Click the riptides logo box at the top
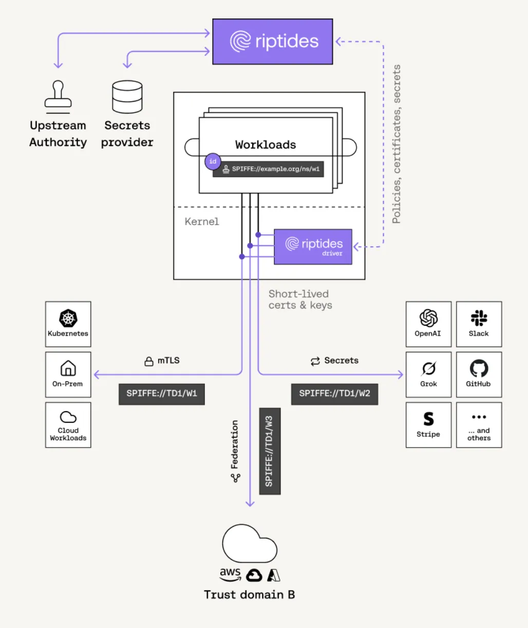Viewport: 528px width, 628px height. pyautogui.click(x=273, y=42)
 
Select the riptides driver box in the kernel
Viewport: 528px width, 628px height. pyautogui.click(x=313, y=247)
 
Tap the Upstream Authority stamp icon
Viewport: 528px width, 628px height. pyautogui.click(x=58, y=97)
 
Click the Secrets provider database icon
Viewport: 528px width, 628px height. pyautogui.click(x=127, y=97)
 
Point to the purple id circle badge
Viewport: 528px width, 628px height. pyautogui.click(x=213, y=161)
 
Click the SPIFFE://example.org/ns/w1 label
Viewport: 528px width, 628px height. pyautogui.click(x=269, y=169)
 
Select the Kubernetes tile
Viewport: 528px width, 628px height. pyautogui.click(x=68, y=324)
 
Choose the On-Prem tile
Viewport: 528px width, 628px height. pyautogui.click(x=68, y=375)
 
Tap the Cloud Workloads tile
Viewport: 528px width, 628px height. pyautogui.click(x=68, y=425)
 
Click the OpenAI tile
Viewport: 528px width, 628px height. pyautogui.click(x=428, y=324)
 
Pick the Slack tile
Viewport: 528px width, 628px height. pyautogui.click(x=479, y=324)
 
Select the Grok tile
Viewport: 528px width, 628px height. pyautogui.click(x=428, y=375)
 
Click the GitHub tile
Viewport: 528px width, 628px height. pyautogui.click(x=479, y=375)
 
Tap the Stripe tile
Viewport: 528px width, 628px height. pyautogui.click(x=428, y=425)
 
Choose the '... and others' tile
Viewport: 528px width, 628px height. pyautogui.click(x=479, y=425)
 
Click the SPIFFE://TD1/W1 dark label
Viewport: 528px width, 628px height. pyautogui.click(x=162, y=394)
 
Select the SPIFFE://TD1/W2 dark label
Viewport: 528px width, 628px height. pyautogui.click(x=334, y=394)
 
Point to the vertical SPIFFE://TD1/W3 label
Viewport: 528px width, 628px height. pyautogui.click(x=270, y=451)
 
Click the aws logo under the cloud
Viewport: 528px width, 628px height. pyautogui.click(x=230, y=574)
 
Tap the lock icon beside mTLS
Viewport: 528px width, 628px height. pyautogui.click(x=149, y=361)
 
